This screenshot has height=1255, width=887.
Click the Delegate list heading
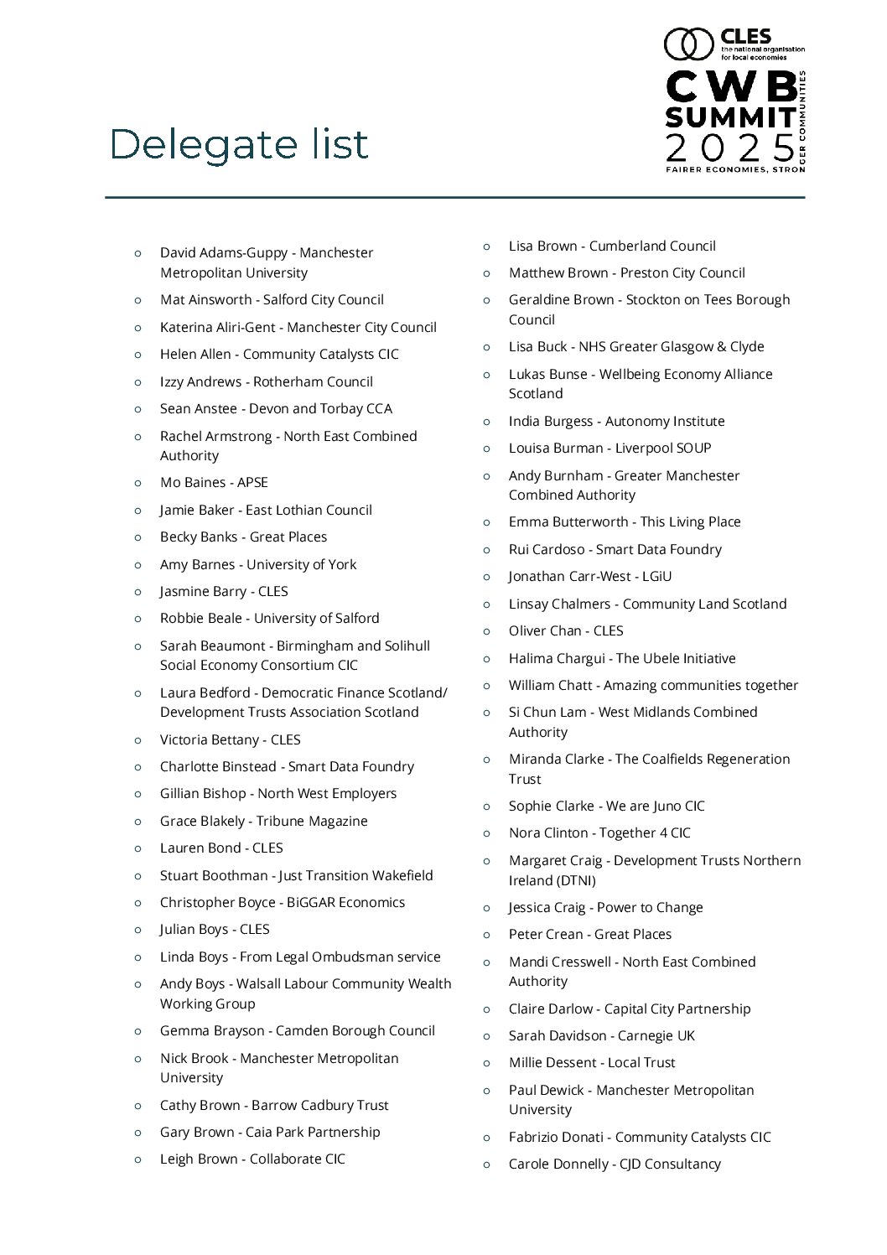pyautogui.click(x=239, y=144)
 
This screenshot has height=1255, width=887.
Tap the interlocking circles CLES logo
pyautogui.click(x=687, y=44)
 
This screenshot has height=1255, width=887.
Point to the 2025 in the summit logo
pyautogui.click(x=729, y=148)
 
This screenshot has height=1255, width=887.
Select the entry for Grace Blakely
pyautogui.click(x=263, y=821)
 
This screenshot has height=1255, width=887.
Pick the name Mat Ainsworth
pyautogui.click(x=205, y=299)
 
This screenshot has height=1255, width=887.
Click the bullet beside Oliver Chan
pyautogui.click(x=486, y=630)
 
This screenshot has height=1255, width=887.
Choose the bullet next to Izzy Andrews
pyautogui.click(x=138, y=381)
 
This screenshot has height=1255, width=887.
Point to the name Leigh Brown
pyautogui.click(x=200, y=1159)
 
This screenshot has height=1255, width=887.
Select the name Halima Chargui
pyautogui.click(x=558, y=658)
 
